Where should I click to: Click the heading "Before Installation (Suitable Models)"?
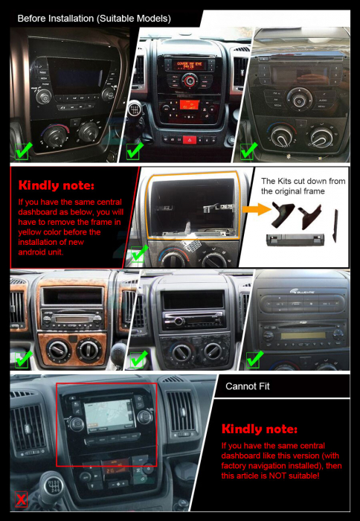coord(94,17)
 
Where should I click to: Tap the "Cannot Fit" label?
coord(248,386)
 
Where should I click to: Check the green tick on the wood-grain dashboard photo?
coord(23,359)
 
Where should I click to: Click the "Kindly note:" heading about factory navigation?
coord(260,429)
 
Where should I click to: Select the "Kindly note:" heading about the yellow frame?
coord(56,185)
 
